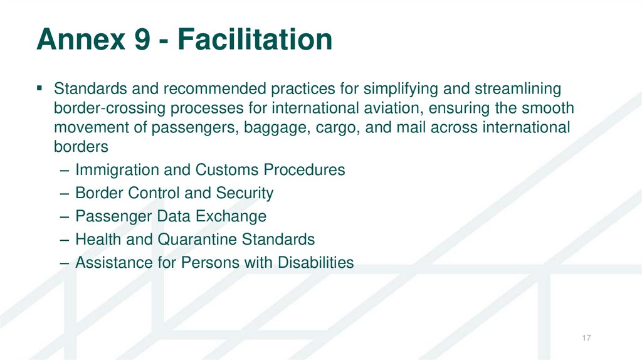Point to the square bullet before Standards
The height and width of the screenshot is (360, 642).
click(41, 88)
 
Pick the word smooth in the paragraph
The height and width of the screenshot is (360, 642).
click(549, 109)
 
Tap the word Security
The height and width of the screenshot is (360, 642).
click(244, 193)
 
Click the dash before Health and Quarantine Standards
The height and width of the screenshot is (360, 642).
click(65, 240)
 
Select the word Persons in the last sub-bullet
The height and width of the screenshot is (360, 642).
click(210, 263)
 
